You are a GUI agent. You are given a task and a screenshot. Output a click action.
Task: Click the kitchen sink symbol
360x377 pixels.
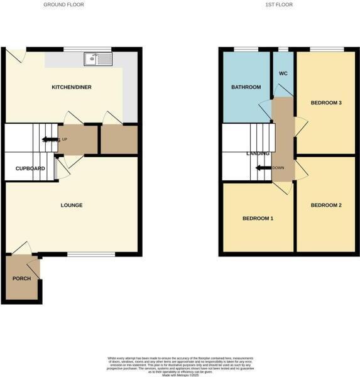(x=97, y=59)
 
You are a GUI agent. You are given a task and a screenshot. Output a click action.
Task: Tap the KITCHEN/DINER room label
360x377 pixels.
(x=72, y=87)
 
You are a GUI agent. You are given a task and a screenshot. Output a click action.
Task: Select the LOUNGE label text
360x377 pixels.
(x=72, y=205)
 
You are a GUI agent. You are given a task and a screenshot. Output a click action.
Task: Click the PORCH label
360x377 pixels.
(x=21, y=278)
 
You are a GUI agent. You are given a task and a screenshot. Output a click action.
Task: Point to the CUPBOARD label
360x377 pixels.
(x=30, y=169)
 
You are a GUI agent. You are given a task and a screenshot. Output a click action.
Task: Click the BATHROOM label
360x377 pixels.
(x=245, y=87)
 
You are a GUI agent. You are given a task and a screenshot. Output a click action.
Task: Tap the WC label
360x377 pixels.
(x=283, y=73)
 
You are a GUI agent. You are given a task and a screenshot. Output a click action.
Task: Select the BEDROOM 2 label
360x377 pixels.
(x=326, y=205)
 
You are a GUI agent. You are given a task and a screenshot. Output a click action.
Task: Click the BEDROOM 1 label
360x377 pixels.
(x=258, y=219)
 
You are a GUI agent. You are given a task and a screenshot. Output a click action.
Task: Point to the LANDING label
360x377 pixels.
(x=258, y=153)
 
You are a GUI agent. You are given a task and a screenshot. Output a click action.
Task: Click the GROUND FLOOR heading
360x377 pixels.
(x=63, y=4)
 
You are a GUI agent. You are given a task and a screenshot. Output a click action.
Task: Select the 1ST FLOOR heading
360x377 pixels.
(x=278, y=4)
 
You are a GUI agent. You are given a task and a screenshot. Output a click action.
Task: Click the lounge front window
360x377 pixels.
(x=91, y=254)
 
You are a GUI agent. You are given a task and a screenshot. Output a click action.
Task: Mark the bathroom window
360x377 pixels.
(x=246, y=49)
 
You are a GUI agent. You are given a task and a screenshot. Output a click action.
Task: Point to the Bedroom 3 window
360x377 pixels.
(x=326, y=49)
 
